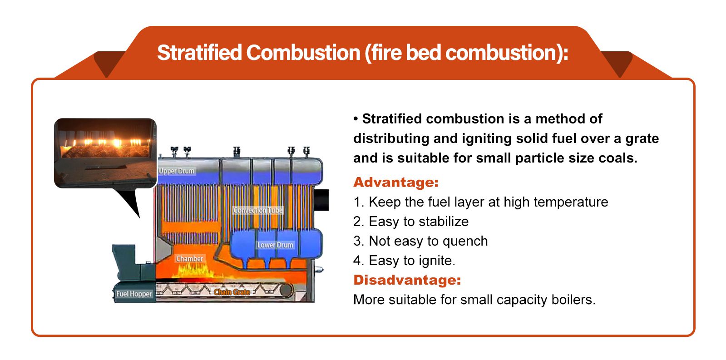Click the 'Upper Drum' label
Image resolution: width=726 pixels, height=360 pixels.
[x=177, y=171]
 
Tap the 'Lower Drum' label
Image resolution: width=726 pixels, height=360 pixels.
[x=275, y=245]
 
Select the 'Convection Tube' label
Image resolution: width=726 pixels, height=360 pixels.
[x=258, y=210]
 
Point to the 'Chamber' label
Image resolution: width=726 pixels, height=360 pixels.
[x=189, y=259]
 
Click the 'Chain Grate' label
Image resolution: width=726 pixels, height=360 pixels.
[x=232, y=292]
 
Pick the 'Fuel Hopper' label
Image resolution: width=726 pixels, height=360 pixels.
[x=134, y=294]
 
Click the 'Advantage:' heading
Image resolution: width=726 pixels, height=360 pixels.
[x=396, y=182]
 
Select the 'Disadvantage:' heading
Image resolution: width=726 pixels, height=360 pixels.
[x=407, y=280]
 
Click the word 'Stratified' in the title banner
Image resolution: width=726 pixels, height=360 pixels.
[x=199, y=53]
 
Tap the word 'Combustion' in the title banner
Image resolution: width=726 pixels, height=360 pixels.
[x=303, y=53]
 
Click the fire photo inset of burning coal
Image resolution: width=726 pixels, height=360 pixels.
[x=105, y=153]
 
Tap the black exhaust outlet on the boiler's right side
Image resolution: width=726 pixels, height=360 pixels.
[x=321, y=200]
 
